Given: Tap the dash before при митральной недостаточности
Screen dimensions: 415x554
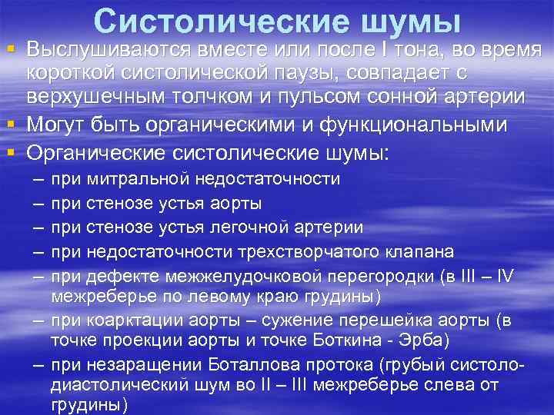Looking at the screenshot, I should [38, 179].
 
